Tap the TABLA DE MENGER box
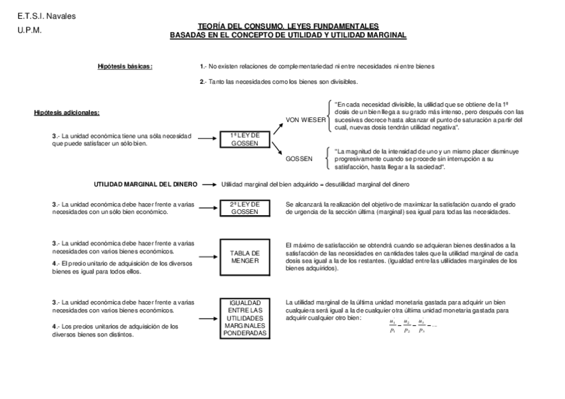coord(245,257)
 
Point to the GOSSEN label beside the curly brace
coord(298,160)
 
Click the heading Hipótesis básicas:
coord(125,67)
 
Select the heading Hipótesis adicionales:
coord(67,113)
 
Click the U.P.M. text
coord(29,30)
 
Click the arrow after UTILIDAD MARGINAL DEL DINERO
coord(209,184)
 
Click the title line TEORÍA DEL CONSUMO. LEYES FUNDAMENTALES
coord(288,25)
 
